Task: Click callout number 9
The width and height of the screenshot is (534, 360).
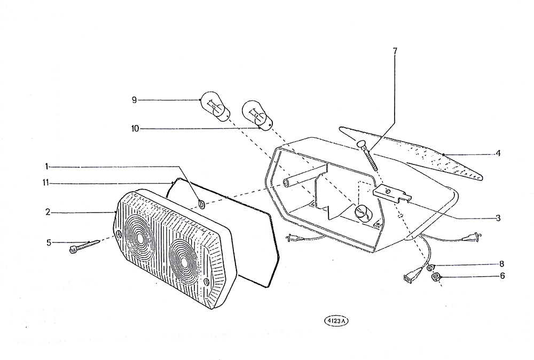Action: click(x=134, y=100)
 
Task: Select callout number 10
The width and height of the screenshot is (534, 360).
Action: click(x=135, y=129)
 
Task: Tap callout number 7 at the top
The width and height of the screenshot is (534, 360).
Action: click(x=395, y=51)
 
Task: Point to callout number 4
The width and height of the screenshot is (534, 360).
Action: click(x=498, y=154)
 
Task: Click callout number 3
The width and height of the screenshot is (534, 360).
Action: click(x=498, y=218)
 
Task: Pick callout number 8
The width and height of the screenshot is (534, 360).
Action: click(x=501, y=264)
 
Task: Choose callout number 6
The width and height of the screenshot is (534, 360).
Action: click(x=502, y=276)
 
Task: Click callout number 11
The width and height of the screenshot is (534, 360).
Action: click(x=45, y=183)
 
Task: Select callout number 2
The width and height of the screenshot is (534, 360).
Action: click(x=48, y=212)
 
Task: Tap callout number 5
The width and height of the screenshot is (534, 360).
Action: click(x=49, y=243)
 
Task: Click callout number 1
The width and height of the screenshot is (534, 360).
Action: click(x=46, y=167)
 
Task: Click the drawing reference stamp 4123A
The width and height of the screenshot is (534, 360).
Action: click(x=336, y=320)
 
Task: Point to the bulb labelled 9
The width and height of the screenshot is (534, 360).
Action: click(x=215, y=106)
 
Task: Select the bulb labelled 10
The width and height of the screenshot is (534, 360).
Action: click(x=257, y=115)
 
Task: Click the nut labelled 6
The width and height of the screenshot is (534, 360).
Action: click(x=435, y=277)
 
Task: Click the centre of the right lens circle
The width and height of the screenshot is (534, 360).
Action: click(x=184, y=262)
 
